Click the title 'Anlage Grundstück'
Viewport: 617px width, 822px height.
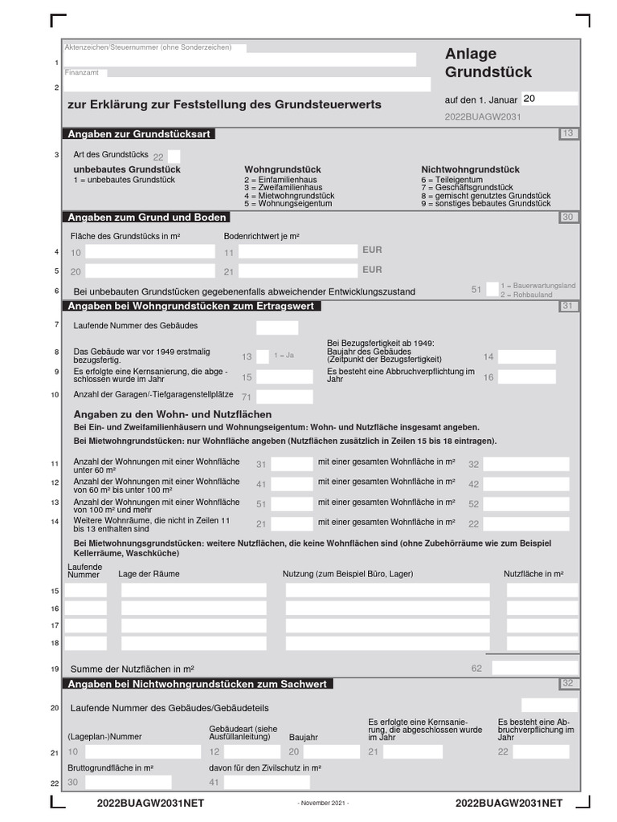pyautogui.click(x=488, y=63)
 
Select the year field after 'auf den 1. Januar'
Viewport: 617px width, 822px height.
pyautogui.click(x=549, y=99)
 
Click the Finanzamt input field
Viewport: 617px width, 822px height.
pyautogui.click(x=269, y=84)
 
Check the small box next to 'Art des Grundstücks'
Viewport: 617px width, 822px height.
pyautogui.click(x=174, y=156)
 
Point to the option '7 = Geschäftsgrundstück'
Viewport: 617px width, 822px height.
pyautogui.click(x=467, y=188)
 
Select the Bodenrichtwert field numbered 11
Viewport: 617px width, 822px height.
pyautogui.click(x=297, y=251)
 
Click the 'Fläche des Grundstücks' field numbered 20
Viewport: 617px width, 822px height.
pyautogui.click(x=150, y=271)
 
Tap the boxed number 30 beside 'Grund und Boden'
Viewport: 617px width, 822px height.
pyautogui.click(x=568, y=218)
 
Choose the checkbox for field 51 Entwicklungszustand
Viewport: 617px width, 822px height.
pyautogui.click(x=492, y=290)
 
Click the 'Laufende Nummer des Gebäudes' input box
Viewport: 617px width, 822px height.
pyautogui.click(x=276, y=328)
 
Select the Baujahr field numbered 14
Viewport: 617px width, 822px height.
pyautogui.click(x=526, y=356)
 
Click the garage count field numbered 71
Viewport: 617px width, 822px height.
pyautogui.click(x=284, y=397)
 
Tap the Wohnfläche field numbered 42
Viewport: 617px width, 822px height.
pyautogui.click(x=526, y=484)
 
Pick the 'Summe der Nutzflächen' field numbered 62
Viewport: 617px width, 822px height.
pyautogui.click(x=533, y=668)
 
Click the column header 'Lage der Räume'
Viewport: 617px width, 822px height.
pyautogui.click(x=149, y=574)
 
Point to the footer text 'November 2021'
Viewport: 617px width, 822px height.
pyautogui.click(x=323, y=804)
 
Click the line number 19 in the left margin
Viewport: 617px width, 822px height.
pyautogui.click(x=55, y=669)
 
